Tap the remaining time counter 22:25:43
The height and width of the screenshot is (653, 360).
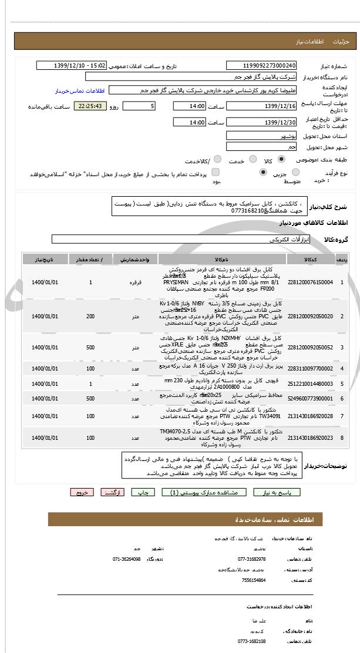click(x=90, y=106)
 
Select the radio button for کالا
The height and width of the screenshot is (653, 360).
click(x=281, y=159)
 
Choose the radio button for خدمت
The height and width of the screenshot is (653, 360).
click(x=253, y=159)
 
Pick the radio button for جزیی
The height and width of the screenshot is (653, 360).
click(x=295, y=172)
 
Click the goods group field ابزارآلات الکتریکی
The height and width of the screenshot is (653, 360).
click(x=176, y=240)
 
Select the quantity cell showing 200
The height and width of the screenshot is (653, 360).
click(x=90, y=317)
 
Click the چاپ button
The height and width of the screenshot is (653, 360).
click(x=142, y=493)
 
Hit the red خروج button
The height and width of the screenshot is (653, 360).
click(x=82, y=493)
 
